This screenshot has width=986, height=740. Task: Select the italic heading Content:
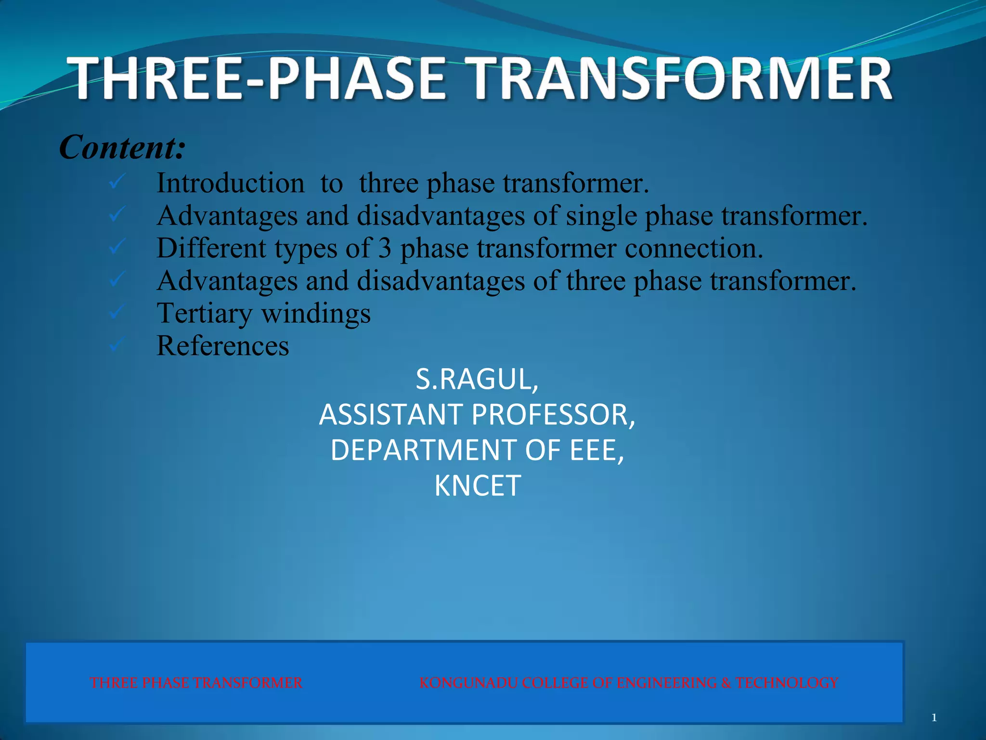click(122, 147)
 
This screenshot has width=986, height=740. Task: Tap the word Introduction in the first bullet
click(230, 184)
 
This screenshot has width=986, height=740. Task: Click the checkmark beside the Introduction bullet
click(117, 182)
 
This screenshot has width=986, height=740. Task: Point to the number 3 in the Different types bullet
click(385, 248)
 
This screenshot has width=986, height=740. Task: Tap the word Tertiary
click(204, 314)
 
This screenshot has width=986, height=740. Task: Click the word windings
click(316, 314)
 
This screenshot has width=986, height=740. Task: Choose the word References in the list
click(222, 346)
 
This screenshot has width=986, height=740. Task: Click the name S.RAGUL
click(477, 379)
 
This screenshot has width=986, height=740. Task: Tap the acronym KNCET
click(477, 486)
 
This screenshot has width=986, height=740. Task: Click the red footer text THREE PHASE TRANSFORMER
click(196, 683)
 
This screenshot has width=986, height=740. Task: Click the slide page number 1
click(934, 718)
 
